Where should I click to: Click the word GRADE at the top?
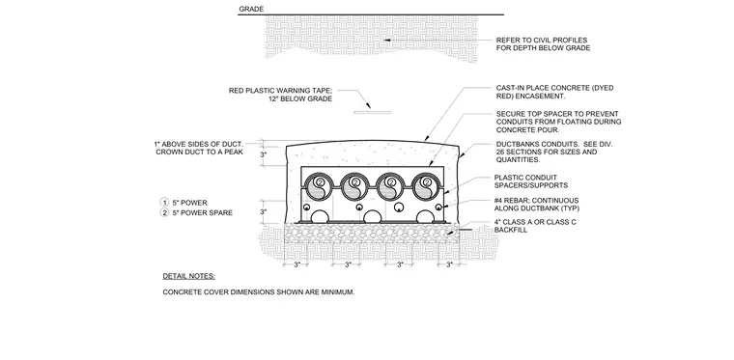251,9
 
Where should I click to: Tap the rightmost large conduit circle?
426,186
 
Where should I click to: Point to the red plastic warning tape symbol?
372,112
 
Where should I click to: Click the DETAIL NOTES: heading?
188,276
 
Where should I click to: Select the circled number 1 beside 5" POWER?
164,203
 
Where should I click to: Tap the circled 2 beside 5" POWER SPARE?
164,212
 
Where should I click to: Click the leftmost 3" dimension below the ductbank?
296,264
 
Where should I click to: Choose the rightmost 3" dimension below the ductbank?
449,264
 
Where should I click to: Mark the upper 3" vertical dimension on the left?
263,154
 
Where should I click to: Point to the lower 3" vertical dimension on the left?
263,211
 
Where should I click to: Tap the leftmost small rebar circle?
306,208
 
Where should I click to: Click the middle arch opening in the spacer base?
372,216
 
